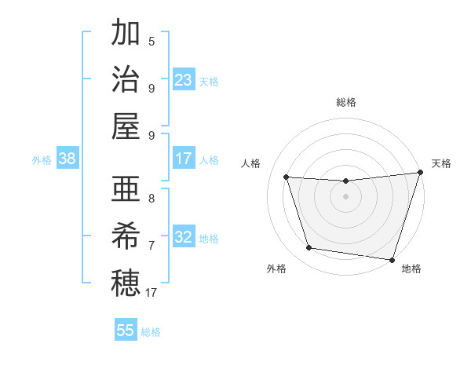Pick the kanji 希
pos(126,236)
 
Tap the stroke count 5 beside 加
pos(152,42)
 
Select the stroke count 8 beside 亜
pos(152,198)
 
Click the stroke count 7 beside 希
pos(152,245)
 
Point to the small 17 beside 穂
pos(152,293)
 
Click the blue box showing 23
pos(184,80)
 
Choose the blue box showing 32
pos(184,237)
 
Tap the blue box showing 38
pos(67,159)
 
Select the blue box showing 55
pos(126,331)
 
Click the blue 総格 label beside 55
pos(151,332)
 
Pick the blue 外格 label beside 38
pos(42,160)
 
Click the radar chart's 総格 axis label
pos(345,102)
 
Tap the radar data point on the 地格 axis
pos(391,258)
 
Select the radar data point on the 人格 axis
pos(287,177)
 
